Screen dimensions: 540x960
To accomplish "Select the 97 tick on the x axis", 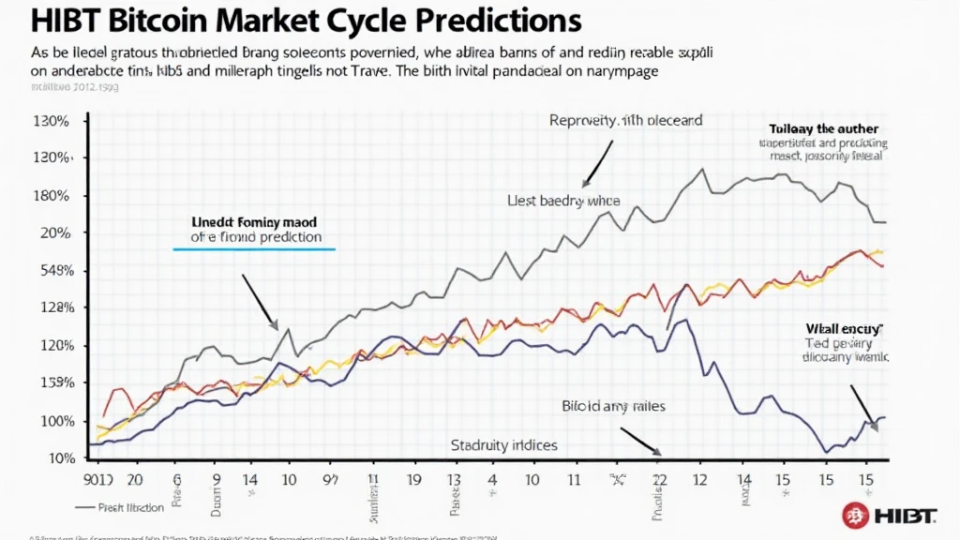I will pos(330,477).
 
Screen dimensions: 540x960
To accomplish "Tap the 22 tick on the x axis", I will pos(658,477).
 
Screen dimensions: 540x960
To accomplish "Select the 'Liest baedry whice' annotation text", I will pos(557,201).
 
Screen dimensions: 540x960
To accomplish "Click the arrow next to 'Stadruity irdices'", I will pos(640,442).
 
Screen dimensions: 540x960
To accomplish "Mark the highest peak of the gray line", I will pos(702,170).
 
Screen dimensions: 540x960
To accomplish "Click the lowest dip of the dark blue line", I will pos(827,453).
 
